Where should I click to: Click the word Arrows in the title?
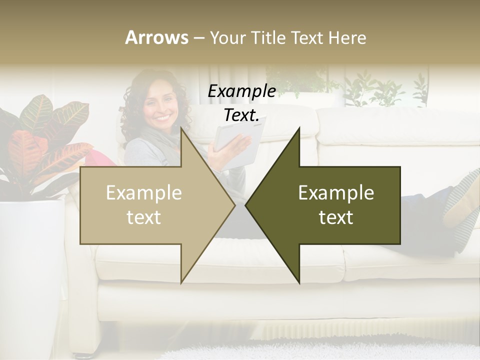[157, 37]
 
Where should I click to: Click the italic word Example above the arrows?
[241, 91]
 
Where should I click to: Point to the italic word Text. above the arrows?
[241, 115]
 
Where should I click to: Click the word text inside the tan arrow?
[144, 217]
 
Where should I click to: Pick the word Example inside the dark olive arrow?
[336, 193]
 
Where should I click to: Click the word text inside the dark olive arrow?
[336, 217]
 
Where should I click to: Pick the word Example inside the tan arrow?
[144, 193]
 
